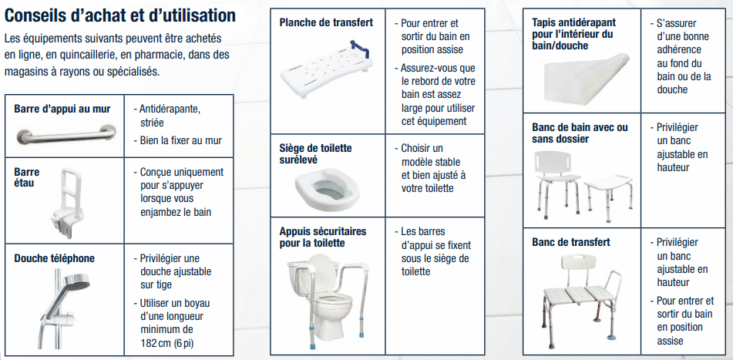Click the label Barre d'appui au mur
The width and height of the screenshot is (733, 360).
click(62, 109)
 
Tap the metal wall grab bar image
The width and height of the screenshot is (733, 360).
click(65, 137)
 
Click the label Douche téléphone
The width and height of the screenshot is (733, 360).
click(54, 258)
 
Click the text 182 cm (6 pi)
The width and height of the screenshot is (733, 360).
click(166, 342)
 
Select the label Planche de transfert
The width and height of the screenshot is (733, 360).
click(326, 22)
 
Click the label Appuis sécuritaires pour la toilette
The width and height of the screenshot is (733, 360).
click(323, 237)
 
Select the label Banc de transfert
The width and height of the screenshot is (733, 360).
click(571, 242)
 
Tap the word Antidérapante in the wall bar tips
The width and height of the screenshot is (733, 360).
click(170, 109)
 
